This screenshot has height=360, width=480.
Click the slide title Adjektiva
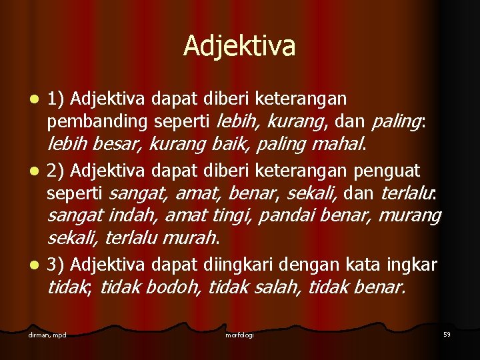[x=239, y=46]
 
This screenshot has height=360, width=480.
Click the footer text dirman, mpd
[x=47, y=334]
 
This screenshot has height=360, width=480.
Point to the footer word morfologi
[x=239, y=334]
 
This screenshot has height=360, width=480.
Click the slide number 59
[x=447, y=333]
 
